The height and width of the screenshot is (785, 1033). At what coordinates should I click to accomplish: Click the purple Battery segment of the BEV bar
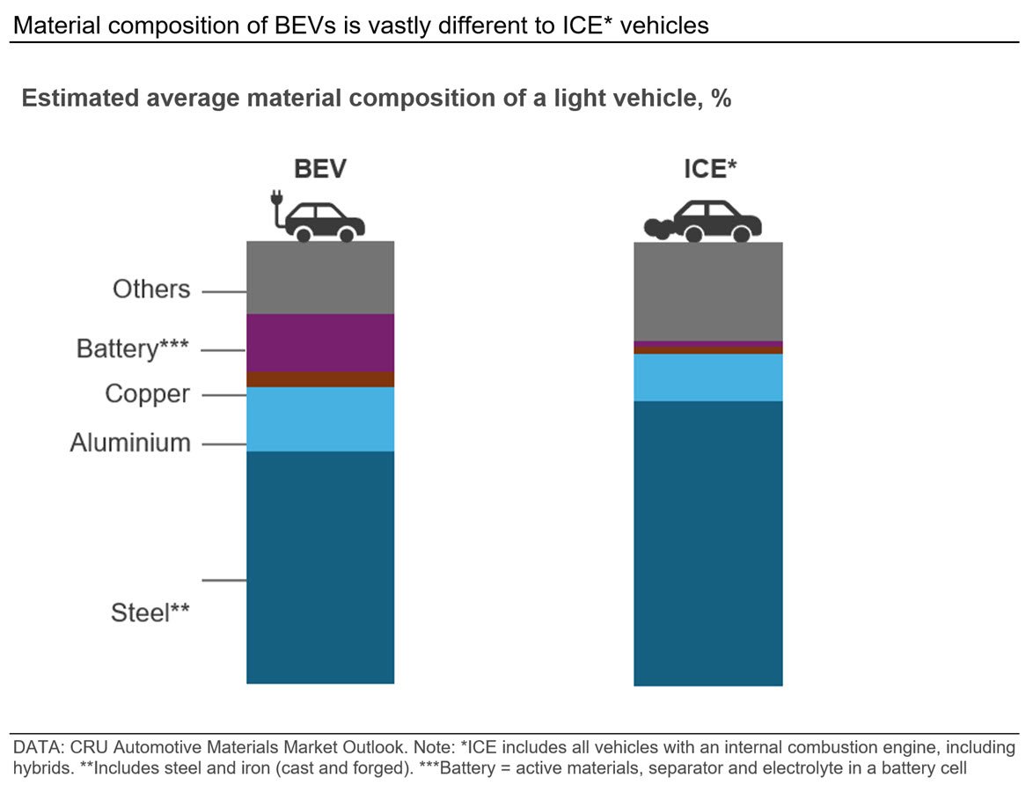(x=319, y=342)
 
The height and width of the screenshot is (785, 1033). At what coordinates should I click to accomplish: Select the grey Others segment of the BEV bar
(x=319, y=277)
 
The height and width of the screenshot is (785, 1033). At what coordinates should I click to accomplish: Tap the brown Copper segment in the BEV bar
(x=319, y=379)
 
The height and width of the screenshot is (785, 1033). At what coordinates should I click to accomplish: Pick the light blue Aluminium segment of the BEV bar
(x=319, y=419)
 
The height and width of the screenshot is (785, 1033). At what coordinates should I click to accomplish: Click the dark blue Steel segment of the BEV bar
(x=319, y=568)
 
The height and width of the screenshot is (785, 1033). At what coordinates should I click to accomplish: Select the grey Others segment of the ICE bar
(x=708, y=290)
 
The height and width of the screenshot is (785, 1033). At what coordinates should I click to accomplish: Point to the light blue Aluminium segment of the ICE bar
(x=708, y=377)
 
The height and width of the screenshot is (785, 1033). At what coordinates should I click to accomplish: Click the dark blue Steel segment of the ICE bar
(x=708, y=543)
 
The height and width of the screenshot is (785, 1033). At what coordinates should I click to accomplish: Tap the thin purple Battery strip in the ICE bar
(x=708, y=344)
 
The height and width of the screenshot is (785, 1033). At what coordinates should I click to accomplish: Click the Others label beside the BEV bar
(x=151, y=290)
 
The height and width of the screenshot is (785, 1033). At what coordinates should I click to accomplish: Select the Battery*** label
(x=133, y=349)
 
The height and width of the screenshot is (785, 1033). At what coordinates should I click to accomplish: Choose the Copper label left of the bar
(x=147, y=394)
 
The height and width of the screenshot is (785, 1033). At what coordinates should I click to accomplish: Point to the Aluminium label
(x=130, y=443)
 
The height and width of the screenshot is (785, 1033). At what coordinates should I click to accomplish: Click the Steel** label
(x=150, y=613)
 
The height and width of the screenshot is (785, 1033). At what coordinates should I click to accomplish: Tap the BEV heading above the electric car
(x=319, y=170)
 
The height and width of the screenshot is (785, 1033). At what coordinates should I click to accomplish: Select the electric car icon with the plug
(x=315, y=218)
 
